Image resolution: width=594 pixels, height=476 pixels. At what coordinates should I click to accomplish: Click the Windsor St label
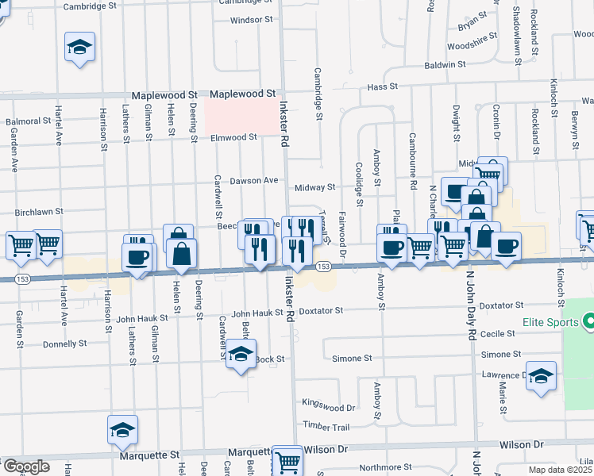click(x=251, y=20)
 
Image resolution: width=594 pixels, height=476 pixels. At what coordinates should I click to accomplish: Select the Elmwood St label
click(x=234, y=137)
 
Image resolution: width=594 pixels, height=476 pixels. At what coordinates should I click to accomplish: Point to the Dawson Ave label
click(x=254, y=181)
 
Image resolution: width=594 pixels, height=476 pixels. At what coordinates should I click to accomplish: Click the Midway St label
click(x=315, y=187)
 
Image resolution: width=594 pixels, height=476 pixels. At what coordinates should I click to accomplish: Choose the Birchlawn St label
click(x=39, y=213)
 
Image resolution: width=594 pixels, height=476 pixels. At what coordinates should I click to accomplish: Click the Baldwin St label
click(x=443, y=65)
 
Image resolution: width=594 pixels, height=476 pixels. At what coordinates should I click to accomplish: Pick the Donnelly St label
click(x=65, y=344)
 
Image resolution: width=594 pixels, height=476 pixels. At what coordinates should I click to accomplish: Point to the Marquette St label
click(x=150, y=456)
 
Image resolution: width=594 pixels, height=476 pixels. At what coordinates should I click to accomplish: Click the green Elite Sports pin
click(x=588, y=323)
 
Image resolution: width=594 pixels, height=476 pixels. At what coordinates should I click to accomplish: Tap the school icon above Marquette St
click(x=122, y=429)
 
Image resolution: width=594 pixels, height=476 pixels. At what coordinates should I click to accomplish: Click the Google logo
click(x=25, y=467)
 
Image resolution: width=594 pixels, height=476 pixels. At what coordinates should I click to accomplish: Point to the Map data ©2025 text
click(x=561, y=470)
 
